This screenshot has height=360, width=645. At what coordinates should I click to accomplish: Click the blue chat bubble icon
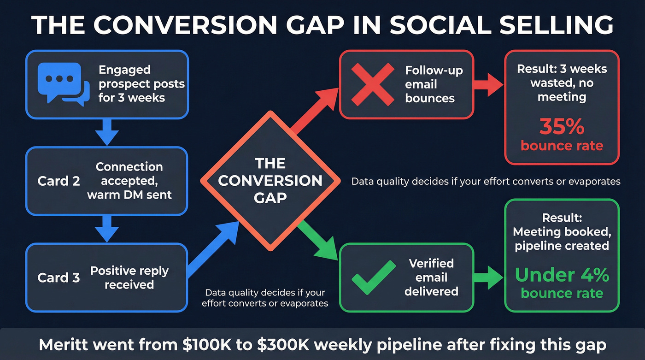click(x=63, y=84)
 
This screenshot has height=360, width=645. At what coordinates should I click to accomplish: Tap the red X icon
click(x=373, y=84)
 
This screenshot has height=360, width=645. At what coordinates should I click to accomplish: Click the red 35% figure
click(x=562, y=127)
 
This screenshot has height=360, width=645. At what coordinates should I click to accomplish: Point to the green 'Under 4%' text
click(x=562, y=275)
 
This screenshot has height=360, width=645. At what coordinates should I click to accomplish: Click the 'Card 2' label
click(x=59, y=181)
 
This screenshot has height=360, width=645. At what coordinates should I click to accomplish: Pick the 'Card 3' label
click(x=59, y=277)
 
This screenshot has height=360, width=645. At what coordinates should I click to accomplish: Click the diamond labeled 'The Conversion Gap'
click(x=271, y=180)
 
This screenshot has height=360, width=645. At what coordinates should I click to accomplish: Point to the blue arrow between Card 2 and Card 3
click(x=107, y=229)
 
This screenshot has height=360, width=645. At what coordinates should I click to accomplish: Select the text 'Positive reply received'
click(x=129, y=277)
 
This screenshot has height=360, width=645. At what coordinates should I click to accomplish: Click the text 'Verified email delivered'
click(x=431, y=277)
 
